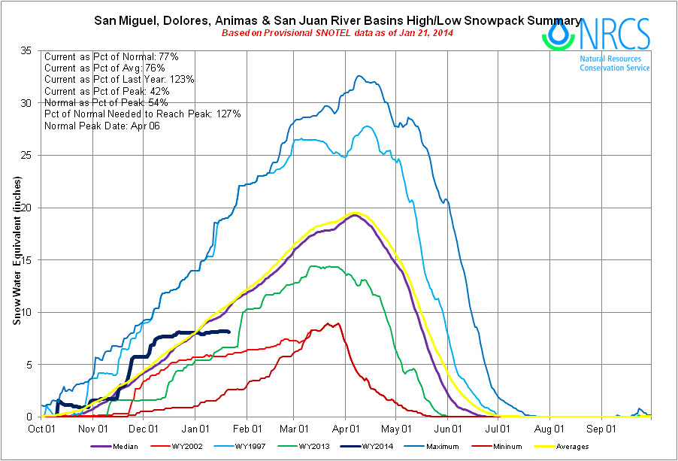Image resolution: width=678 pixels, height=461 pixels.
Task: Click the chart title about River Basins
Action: [337, 20]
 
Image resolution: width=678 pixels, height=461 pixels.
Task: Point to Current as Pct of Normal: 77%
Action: [111, 56]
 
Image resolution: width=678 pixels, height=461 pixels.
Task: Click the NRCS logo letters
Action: [619, 33]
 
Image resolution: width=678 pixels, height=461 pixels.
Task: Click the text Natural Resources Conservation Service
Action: [614, 63]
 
